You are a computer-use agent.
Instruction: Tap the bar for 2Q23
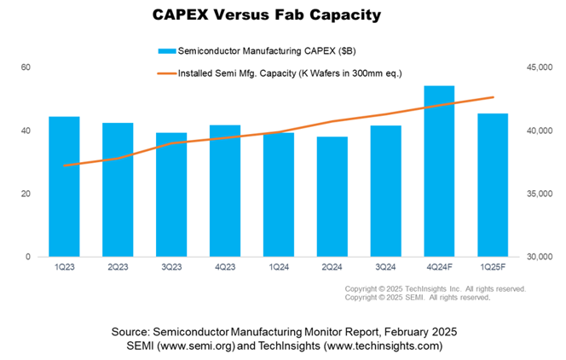118,189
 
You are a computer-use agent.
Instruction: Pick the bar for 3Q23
171,195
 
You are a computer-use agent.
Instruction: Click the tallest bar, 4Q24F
439,171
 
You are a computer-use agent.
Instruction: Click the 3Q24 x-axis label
385,265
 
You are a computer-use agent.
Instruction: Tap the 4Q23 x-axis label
225,265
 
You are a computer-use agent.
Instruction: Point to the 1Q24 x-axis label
279,265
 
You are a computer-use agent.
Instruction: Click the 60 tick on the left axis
26,67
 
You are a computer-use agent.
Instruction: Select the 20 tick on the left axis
26,194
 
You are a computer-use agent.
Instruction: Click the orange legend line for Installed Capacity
165,73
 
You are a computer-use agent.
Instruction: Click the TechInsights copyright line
435,289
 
